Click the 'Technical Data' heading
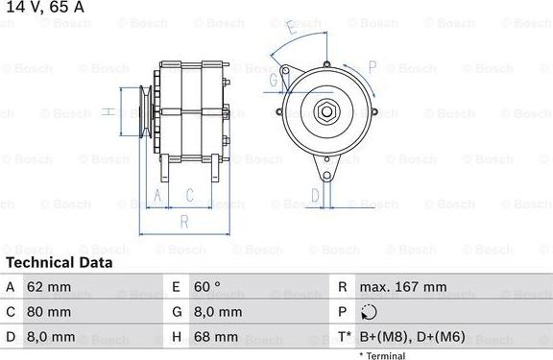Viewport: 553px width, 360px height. [x=60, y=262]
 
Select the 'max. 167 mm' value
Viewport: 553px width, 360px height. [x=402, y=287]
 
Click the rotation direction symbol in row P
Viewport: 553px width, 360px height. [x=369, y=312]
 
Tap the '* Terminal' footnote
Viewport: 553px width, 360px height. [x=382, y=355]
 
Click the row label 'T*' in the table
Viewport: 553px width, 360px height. [x=343, y=337]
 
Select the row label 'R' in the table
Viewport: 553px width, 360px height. [x=343, y=287]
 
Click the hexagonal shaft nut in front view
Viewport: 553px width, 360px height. [x=326, y=111]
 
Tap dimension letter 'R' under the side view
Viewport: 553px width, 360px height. [x=182, y=221]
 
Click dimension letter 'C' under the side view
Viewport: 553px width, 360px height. [x=190, y=196]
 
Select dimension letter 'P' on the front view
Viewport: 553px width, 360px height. [x=373, y=66]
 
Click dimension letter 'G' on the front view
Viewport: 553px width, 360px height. [x=274, y=81]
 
